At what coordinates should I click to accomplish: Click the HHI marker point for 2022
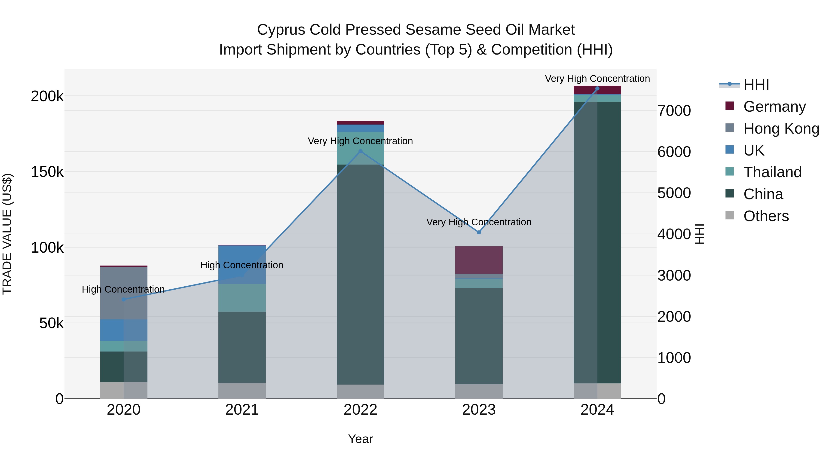click(x=361, y=151)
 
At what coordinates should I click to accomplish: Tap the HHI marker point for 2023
click(x=479, y=232)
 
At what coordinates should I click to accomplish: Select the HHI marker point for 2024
click(x=597, y=89)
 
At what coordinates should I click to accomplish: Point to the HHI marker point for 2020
click(x=124, y=299)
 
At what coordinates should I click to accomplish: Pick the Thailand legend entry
click(x=772, y=172)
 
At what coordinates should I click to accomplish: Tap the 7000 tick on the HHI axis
click(x=674, y=111)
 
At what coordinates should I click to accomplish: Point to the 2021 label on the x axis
click(x=242, y=410)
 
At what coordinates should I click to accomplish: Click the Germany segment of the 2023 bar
click(x=479, y=260)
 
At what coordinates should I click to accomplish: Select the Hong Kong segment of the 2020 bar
click(x=124, y=293)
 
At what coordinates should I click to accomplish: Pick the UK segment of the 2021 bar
click(x=242, y=265)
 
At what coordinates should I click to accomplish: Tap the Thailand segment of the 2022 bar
click(x=361, y=148)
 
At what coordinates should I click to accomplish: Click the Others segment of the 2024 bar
click(x=597, y=391)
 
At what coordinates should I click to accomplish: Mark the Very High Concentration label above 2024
click(x=597, y=79)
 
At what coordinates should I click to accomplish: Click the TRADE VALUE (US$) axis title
click(x=7, y=234)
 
